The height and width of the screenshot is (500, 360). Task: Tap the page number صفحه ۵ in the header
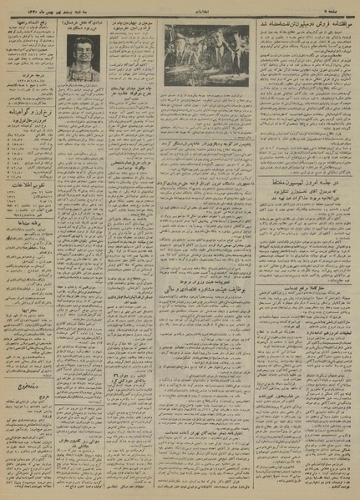(338, 7)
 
